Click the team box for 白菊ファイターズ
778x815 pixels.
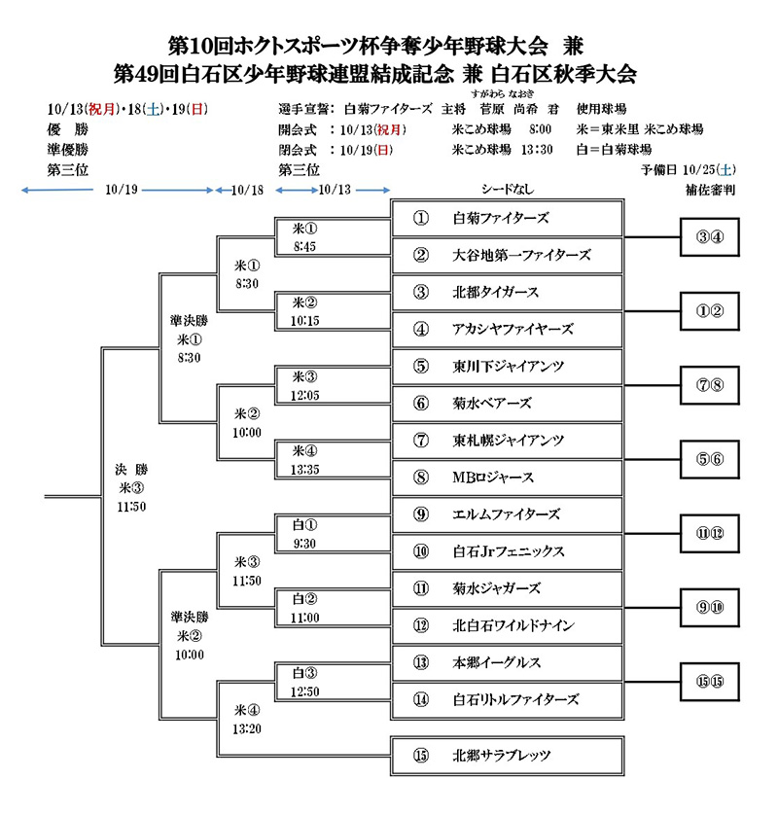[x=506, y=219]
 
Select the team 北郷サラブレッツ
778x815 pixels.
[x=506, y=755]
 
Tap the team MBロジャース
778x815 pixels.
[x=506, y=478]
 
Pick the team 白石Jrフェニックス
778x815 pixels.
[x=506, y=551]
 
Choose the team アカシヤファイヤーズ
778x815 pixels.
[x=506, y=330]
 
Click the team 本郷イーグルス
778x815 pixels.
[x=506, y=662]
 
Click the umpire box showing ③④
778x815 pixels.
[x=710, y=237]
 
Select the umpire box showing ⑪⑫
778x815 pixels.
[x=710, y=533]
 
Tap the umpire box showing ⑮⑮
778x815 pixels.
[x=710, y=681]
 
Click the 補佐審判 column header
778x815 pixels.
[x=710, y=191]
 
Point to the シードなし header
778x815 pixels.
[x=506, y=190]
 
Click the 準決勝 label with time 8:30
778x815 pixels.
[x=189, y=338]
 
